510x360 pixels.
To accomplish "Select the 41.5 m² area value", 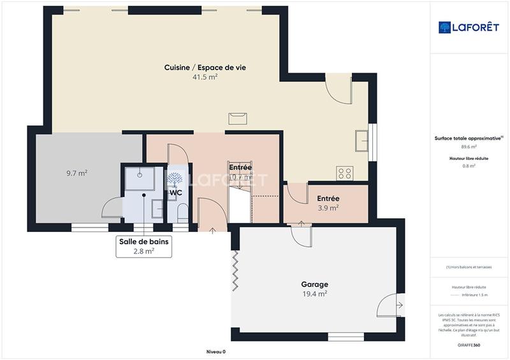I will tap(205, 77).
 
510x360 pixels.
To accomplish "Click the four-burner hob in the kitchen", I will tap(345, 173).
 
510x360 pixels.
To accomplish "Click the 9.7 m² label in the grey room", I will tap(76, 173).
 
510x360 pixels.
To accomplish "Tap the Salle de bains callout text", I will tap(144, 242).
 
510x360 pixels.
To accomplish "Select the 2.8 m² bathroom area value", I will tap(144, 251).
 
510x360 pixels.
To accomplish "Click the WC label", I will tap(175, 192).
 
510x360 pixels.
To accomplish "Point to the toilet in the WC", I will tap(182, 212).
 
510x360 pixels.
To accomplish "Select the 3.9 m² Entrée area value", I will tap(328, 208).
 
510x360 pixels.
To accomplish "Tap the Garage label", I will tap(314, 284).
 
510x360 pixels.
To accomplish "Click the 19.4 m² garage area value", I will tap(314, 294).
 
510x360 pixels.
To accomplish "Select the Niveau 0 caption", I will tap(215, 352).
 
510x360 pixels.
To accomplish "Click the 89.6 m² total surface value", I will tap(469, 147).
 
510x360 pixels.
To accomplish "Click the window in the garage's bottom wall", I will tap(346, 336).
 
